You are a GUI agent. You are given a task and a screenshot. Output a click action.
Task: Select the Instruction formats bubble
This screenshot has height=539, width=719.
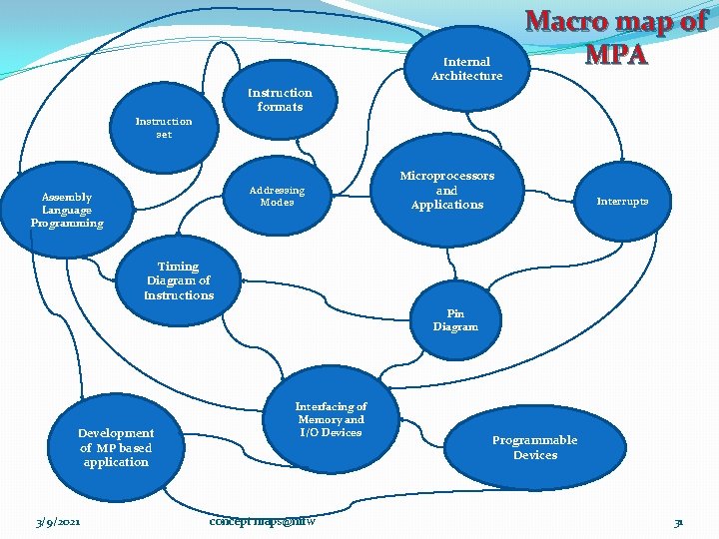pos(280,100)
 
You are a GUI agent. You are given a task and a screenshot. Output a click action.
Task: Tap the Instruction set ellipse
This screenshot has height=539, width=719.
pos(164,128)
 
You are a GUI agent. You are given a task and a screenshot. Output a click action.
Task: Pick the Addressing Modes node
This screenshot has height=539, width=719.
pos(277,196)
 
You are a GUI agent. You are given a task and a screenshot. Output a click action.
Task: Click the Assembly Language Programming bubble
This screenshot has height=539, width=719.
pos(67,210)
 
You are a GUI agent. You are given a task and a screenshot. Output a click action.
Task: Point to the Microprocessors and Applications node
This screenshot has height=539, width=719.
pos(447,190)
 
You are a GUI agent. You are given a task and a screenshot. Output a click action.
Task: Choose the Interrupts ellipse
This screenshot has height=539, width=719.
pos(622,201)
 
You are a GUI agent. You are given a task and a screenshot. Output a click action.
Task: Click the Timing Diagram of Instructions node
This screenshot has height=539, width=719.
pos(179,280)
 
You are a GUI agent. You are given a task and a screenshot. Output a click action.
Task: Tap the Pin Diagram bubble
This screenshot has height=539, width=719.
pos(455,319)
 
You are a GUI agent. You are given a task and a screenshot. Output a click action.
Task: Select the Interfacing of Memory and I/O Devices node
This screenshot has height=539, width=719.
pos(331,419)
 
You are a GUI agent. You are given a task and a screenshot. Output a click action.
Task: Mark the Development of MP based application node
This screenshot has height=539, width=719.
pos(116,447)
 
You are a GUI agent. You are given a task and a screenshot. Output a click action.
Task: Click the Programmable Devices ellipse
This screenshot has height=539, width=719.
pos(535,447)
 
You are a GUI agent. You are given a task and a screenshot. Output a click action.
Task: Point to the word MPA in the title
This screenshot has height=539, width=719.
pos(616,53)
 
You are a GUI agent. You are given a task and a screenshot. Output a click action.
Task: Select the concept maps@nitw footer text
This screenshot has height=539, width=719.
pos(263,521)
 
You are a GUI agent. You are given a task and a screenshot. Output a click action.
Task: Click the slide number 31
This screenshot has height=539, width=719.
pos(678,522)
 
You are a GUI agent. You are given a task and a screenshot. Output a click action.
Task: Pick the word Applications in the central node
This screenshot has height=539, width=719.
pos(447,205)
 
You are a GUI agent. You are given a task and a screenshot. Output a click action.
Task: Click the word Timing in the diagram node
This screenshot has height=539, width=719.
pos(179,267)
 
